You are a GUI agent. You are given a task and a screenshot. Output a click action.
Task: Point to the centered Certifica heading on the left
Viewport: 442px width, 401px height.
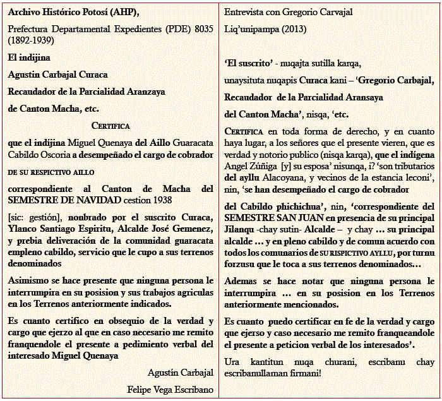tap(110, 126)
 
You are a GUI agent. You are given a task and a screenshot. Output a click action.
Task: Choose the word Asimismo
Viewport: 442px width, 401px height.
tap(28, 280)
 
